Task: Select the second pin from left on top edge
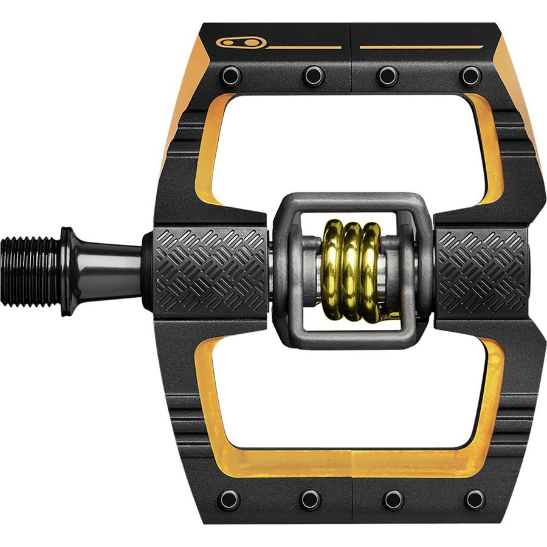coord(313,76)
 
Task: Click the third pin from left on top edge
coord(387,76)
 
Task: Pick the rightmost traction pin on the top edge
coord(470,76)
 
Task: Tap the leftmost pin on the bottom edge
coord(229,500)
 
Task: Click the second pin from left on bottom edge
coord(311,500)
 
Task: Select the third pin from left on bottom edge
coord(393,500)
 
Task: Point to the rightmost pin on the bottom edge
coord(475,500)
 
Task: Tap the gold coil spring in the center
coord(351,270)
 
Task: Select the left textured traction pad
coord(210,270)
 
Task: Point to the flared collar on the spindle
coord(68,270)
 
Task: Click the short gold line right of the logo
coord(304,47)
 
